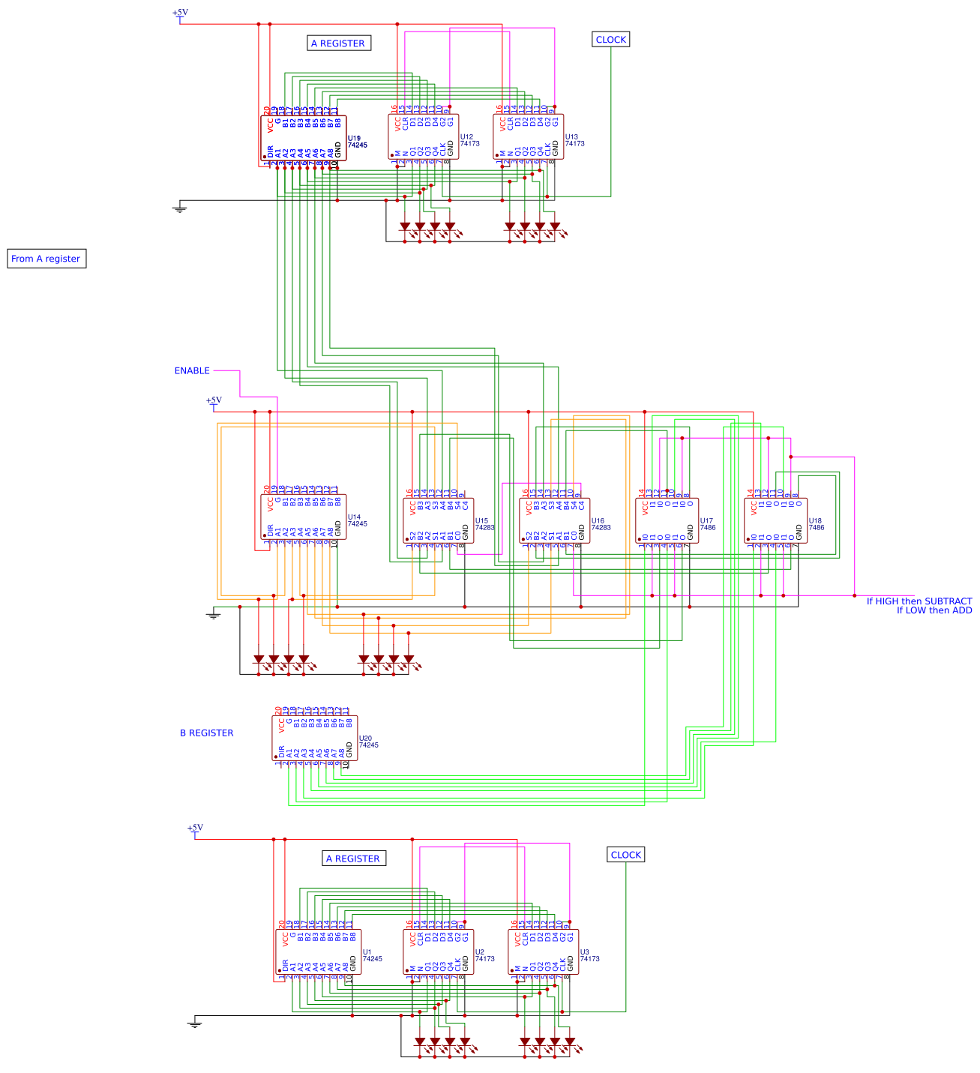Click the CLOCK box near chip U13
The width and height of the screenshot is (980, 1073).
[610, 40]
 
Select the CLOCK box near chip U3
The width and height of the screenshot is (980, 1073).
[625, 855]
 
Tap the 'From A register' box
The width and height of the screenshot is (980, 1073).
[46, 259]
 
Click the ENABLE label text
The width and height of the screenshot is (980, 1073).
[192, 370]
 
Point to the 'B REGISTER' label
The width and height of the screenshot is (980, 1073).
[206, 733]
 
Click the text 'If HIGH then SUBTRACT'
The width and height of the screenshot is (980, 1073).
[919, 601]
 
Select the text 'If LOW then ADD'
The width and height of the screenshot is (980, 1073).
[934, 610]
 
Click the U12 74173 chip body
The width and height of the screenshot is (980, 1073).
[424, 137]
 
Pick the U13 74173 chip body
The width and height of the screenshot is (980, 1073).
[529, 137]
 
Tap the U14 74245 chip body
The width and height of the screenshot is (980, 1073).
[304, 517]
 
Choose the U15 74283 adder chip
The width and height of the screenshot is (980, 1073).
[439, 521]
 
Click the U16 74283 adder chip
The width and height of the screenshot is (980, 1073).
[555, 521]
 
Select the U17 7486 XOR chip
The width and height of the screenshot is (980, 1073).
[667, 521]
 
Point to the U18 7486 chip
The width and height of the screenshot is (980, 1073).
[776, 521]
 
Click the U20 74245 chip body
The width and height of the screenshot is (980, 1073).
[315, 739]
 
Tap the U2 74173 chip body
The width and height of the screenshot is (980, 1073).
[439, 952]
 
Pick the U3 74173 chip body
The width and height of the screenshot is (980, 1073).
[544, 952]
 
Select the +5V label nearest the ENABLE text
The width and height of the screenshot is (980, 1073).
[214, 400]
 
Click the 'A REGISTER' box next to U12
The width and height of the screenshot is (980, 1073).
[339, 43]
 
